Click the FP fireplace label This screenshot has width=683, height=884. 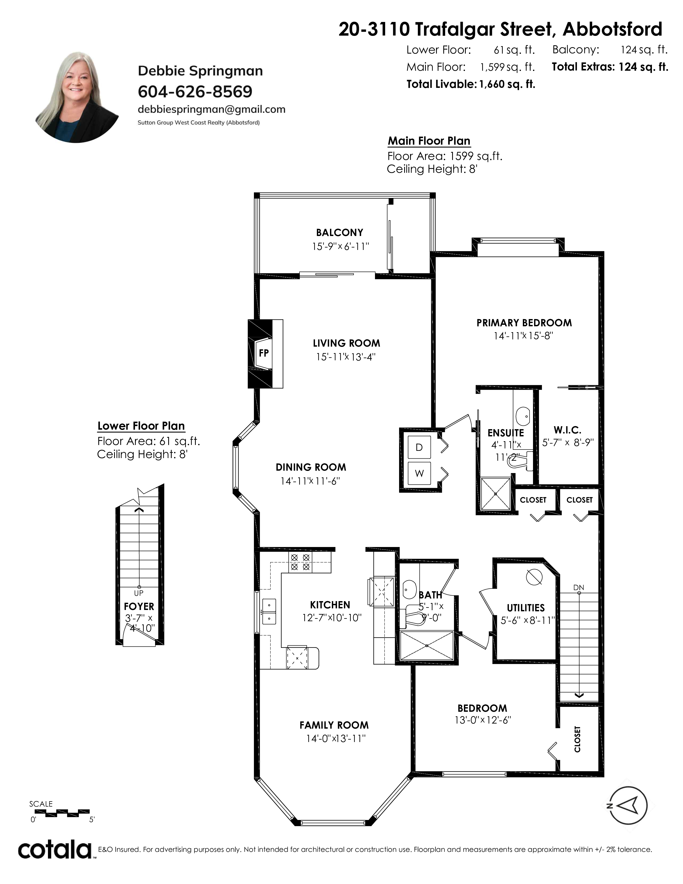tap(264, 353)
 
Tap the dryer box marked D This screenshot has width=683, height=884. tap(419, 447)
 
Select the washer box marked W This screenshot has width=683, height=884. tap(419, 473)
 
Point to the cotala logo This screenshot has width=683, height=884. tap(55, 851)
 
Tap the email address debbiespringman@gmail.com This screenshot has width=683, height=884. tap(212, 109)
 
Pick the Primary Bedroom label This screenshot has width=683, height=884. tap(524, 323)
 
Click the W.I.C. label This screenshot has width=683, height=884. tap(567, 430)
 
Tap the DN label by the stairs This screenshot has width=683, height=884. tap(579, 587)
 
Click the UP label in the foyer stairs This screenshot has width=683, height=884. tap(139, 593)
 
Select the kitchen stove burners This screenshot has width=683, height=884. tap(300, 562)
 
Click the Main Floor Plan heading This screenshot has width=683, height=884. tap(429, 141)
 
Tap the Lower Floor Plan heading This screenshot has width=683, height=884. tap(141, 426)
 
